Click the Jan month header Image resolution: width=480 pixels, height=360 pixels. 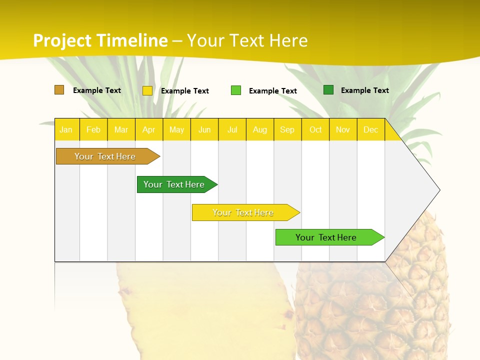pyautogui.click(x=66, y=129)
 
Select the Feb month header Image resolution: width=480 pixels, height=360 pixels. pyautogui.click(x=93, y=129)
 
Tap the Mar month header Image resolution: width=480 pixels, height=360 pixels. pyautogui.click(x=121, y=129)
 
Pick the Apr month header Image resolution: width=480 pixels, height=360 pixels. pyautogui.click(x=149, y=129)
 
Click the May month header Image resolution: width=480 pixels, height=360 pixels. pyautogui.click(x=176, y=129)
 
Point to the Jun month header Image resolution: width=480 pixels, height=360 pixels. pyautogui.click(x=204, y=129)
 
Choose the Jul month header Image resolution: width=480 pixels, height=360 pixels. pyautogui.click(x=232, y=129)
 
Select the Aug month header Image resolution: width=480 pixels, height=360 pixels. pyautogui.click(x=260, y=129)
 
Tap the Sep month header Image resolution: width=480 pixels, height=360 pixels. pyautogui.click(x=287, y=129)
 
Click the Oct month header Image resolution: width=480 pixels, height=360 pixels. pyautogui.click(x=315, y=129)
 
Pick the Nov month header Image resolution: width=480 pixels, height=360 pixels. pyautogui.click(x=343, y=129)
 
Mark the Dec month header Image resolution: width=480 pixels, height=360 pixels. pyautogui.click(x=371, y=129)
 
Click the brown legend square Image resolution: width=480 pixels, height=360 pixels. pyautogui.click(x=59, y=90)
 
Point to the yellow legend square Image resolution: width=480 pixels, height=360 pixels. pyautogui.click(x=147, y=90)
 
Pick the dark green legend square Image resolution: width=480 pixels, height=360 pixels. pyautogui.click(x=328, y=90)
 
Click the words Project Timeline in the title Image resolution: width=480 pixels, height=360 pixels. pyautogui.click(x=100, y=40)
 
